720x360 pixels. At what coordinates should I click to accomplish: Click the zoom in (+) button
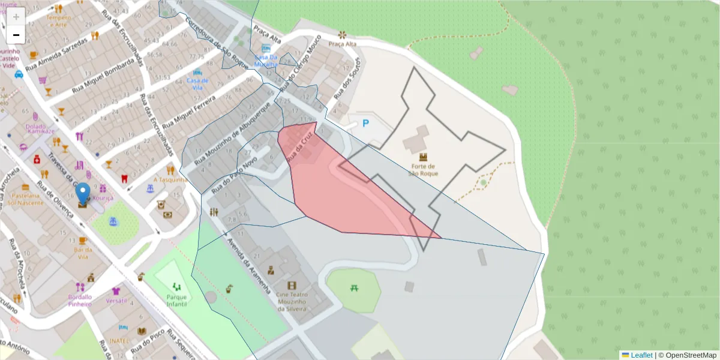pyautogui.click(x=16, y=17)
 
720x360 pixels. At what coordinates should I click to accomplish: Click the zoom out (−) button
pyautogui.click(x=16, y=35)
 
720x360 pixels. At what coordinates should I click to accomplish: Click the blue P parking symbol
pyautogui.click(x=365, y=124)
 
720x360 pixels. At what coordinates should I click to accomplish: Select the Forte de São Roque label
pyautogui.click(x=423, y=170)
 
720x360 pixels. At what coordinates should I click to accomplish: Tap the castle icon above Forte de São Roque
pyautogui.click(x=423, y=157)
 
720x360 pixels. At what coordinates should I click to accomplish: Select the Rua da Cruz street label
pyautogui.click(x=301, y=148)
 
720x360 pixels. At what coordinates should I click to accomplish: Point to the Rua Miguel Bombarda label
pyautogui.click(x=103, y=76)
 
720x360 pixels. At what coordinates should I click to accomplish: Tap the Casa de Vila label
pyautogui.click(x=197, y=83)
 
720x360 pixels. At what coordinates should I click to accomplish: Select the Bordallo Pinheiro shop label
pyautogui.click(x=80, y=300)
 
